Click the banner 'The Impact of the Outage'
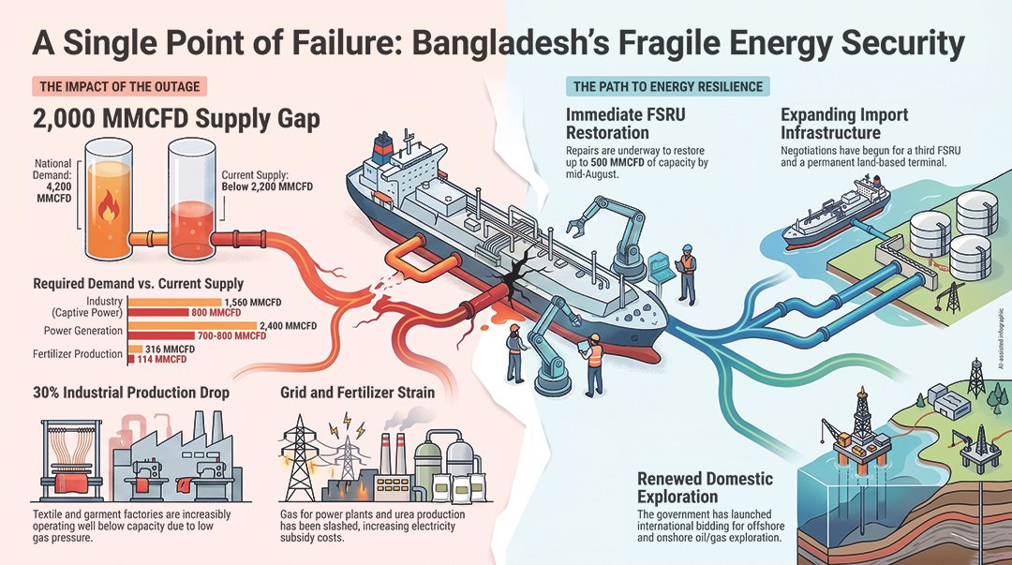tap(119, 86)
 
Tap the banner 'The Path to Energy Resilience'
tap(667, 86)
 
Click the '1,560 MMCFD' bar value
tap(252, 303)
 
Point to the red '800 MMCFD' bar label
tap(216, 313)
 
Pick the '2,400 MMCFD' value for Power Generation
tap(288, 326)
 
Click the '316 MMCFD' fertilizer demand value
tap(170, 349)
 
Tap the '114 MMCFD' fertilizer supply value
tap(162, 359)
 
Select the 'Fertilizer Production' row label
tap(78, 354)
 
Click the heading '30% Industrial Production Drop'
tap(131, 393)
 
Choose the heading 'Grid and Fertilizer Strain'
tap(358, 393)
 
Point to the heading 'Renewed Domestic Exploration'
tap(705, 487)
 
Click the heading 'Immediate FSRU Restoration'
tap(625, 124)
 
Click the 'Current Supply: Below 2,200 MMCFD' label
tap(267, 181)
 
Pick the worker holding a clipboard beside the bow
tap(594, 362)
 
